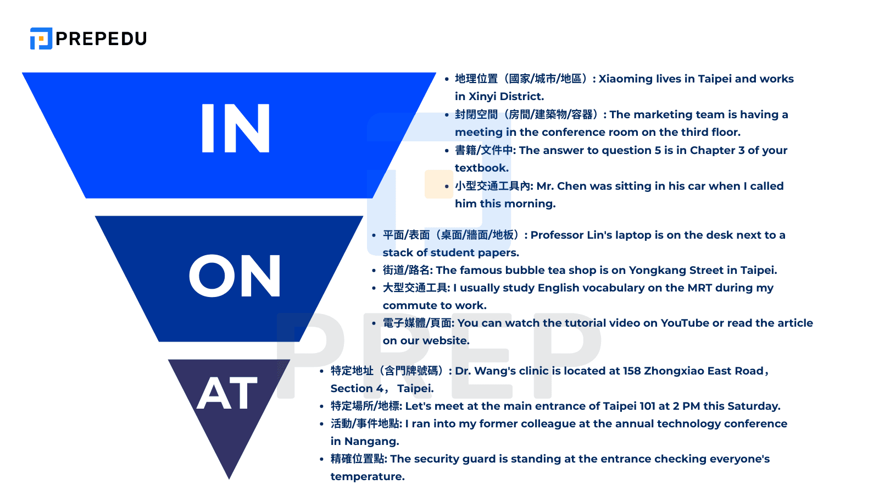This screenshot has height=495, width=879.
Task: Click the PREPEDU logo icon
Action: coord(41,38)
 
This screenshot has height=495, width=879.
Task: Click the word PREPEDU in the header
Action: coord(101,38)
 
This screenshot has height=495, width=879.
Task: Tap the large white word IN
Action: coord(235,129)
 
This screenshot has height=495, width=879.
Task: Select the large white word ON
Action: coord(235,277)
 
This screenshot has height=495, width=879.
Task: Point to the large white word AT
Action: coord(227,394)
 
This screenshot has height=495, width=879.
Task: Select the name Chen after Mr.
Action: coord(572,186)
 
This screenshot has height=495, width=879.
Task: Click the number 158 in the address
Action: coord(632,371)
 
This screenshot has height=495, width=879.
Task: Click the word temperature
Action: coord(367,476)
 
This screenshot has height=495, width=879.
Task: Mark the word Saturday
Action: coord(753,406)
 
